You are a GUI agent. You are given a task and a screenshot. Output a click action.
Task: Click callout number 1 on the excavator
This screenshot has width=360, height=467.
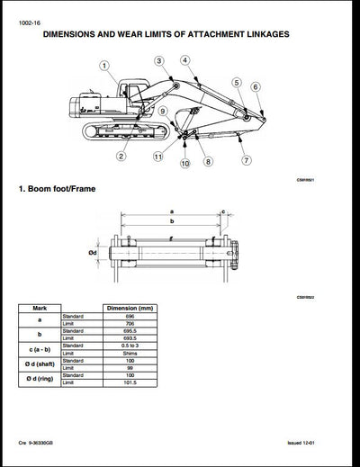tap(104, 66)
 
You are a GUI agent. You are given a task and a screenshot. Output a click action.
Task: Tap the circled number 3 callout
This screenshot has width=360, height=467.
tap(158, 60)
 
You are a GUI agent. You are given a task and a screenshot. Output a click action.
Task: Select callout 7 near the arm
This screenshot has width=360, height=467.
tap(247, 160)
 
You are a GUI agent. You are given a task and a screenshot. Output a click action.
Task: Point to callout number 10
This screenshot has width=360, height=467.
tap(184, 164)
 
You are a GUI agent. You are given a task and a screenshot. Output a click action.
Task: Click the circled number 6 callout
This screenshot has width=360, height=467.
tap(256, 86)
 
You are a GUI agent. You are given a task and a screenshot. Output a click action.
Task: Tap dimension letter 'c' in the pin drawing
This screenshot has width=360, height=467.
tap(222, 213)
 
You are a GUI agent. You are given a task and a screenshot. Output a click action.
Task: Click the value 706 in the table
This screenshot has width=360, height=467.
tap(130, 322)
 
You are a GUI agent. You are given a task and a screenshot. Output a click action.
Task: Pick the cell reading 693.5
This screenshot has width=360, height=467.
tap(130, 338)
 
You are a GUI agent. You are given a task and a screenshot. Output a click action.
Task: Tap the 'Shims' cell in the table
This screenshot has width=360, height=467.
tap(130, 354)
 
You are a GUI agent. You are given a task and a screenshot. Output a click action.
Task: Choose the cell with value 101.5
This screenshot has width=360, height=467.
tap(130, 385)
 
